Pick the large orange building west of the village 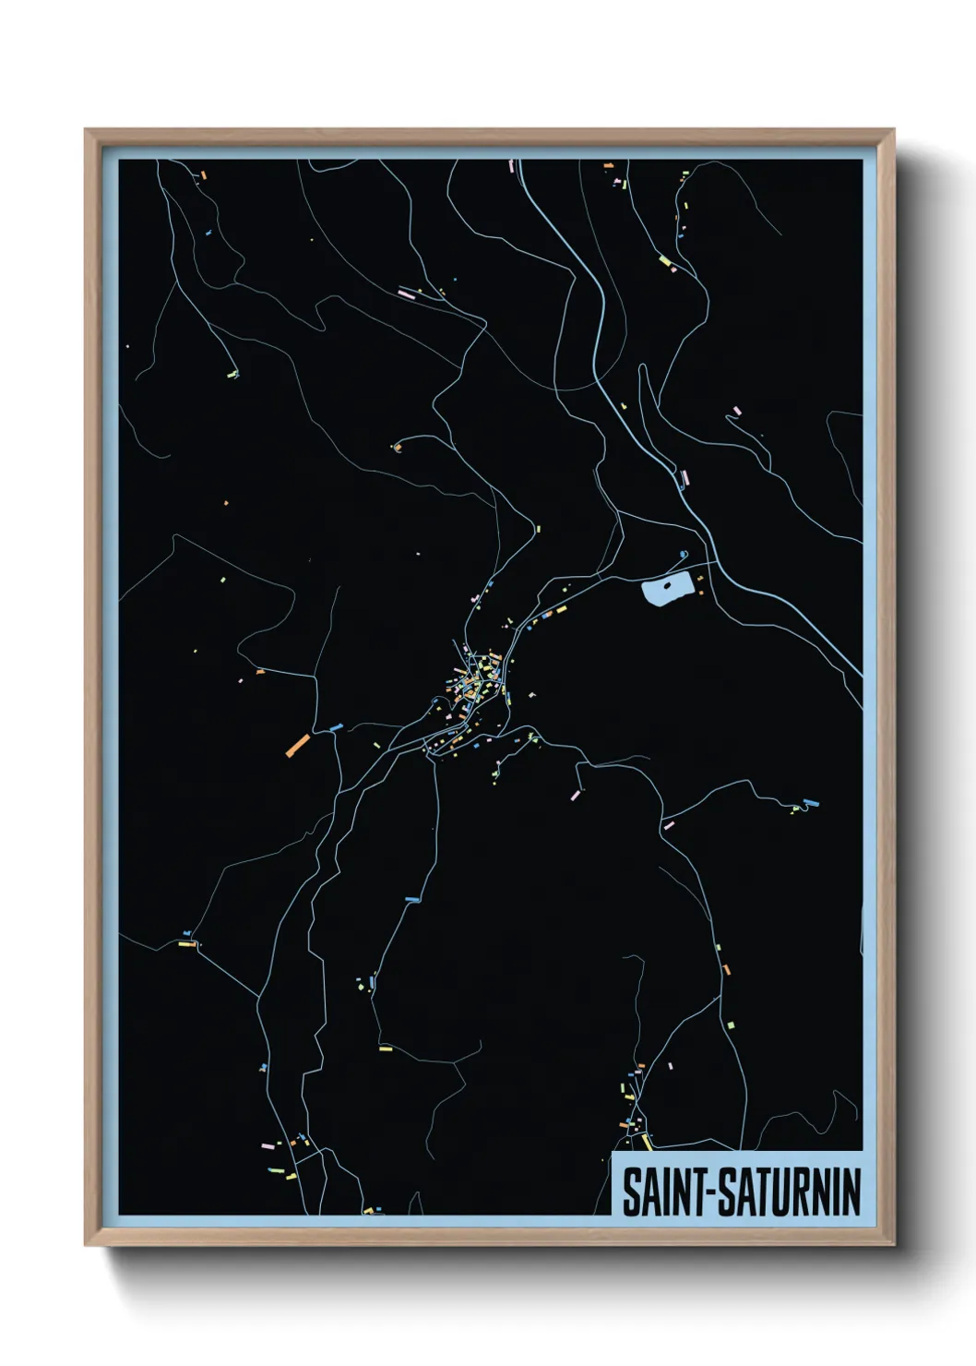click(x=298, y=745)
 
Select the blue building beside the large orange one click(x=335, y=729)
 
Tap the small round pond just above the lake click(x=683, y=555)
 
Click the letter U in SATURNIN click(x=785, y=1192)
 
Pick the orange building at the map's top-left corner click(x=203, y=174)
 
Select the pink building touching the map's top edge click(x=511, y=165)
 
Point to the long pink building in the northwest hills click(x=406, y=294)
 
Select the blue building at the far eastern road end click(x=811, y=802)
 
